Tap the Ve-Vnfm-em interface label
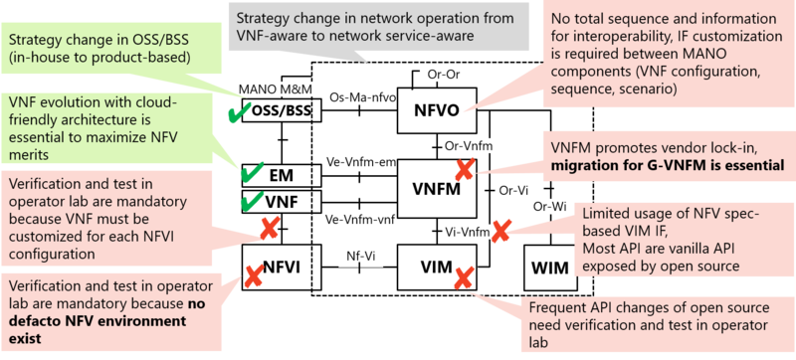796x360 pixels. (363, 159)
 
